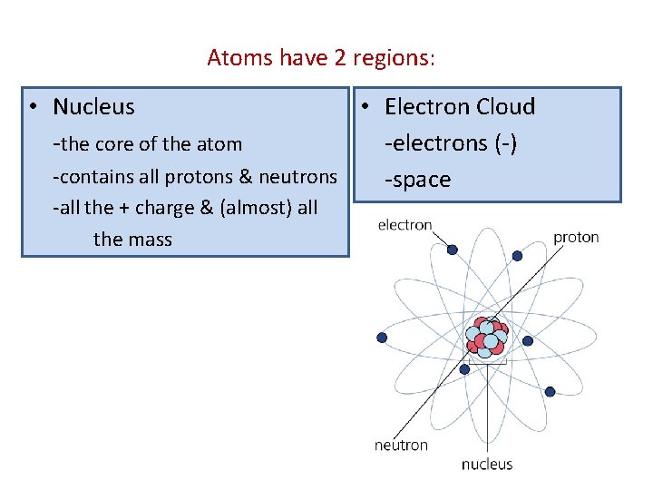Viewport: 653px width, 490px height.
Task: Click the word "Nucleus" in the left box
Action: pos(93,107)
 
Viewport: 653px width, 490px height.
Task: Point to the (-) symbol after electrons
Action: pos(504,143)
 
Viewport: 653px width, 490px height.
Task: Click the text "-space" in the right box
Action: pos(417,180)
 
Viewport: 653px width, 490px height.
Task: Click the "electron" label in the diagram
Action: pos(404,224)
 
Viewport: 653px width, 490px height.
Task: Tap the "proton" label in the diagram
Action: pos(576,237)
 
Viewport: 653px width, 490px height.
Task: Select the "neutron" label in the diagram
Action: pos(401,445)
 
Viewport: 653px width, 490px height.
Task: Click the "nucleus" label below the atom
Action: pos(487,464)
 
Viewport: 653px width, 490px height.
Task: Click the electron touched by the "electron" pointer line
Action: pos(452,250)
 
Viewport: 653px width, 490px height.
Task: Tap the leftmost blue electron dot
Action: pos(382,338)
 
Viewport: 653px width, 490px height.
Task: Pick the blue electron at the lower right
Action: pos(550,391)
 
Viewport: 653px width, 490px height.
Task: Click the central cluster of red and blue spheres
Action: pos(486,337)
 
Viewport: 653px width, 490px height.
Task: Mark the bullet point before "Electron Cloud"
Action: pos(361,107)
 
